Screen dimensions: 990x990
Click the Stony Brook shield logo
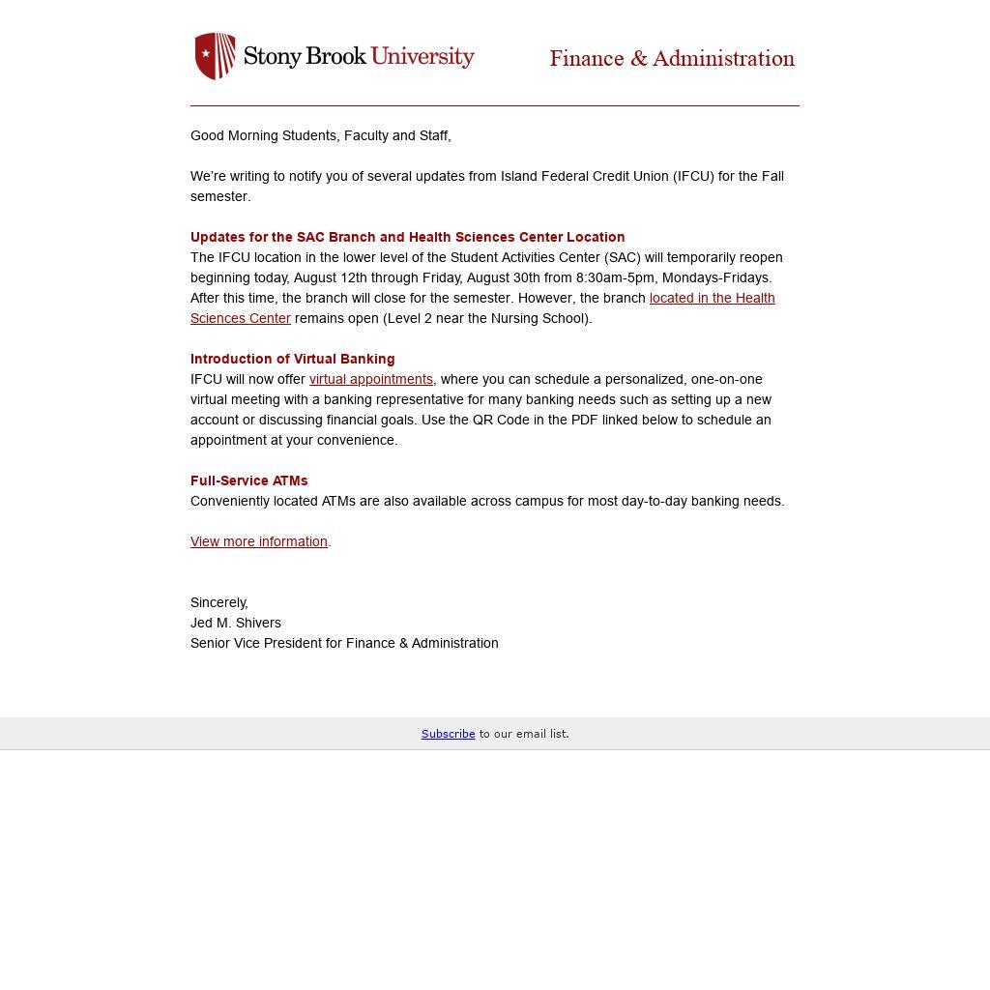click(216, 56)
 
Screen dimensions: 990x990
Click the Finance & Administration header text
click(672, 59)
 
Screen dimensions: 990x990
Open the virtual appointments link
click(371, 379)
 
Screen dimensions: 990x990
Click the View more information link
click(259, 541)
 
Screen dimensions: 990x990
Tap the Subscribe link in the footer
click(448, 734)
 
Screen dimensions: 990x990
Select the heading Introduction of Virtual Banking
click(293, 359)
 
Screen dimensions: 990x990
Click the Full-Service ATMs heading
click(249, 480)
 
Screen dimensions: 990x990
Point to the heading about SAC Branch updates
click(407, 237)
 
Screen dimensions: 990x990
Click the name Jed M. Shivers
click(236, 623)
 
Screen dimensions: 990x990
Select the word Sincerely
click(218, 602)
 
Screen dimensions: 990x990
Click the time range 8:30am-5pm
click(615, 277)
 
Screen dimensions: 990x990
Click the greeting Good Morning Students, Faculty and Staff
click(320, 135)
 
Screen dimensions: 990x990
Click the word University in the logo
click(422, 56)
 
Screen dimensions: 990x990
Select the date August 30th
click(503, 277)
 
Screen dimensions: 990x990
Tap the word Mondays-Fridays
click(716, 277)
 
